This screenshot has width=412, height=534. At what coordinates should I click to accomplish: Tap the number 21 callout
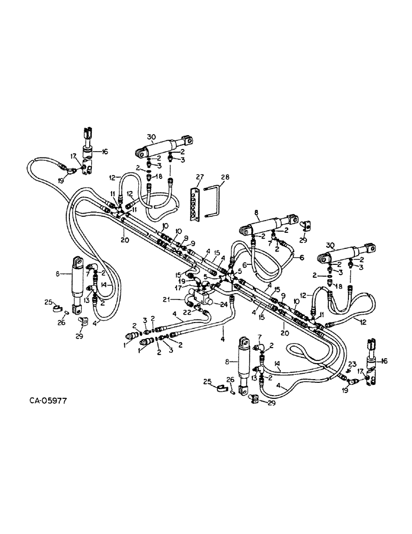[181, 298]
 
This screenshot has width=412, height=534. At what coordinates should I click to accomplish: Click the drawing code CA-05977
[45, 399]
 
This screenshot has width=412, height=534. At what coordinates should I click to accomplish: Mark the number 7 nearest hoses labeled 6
[271, 243]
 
